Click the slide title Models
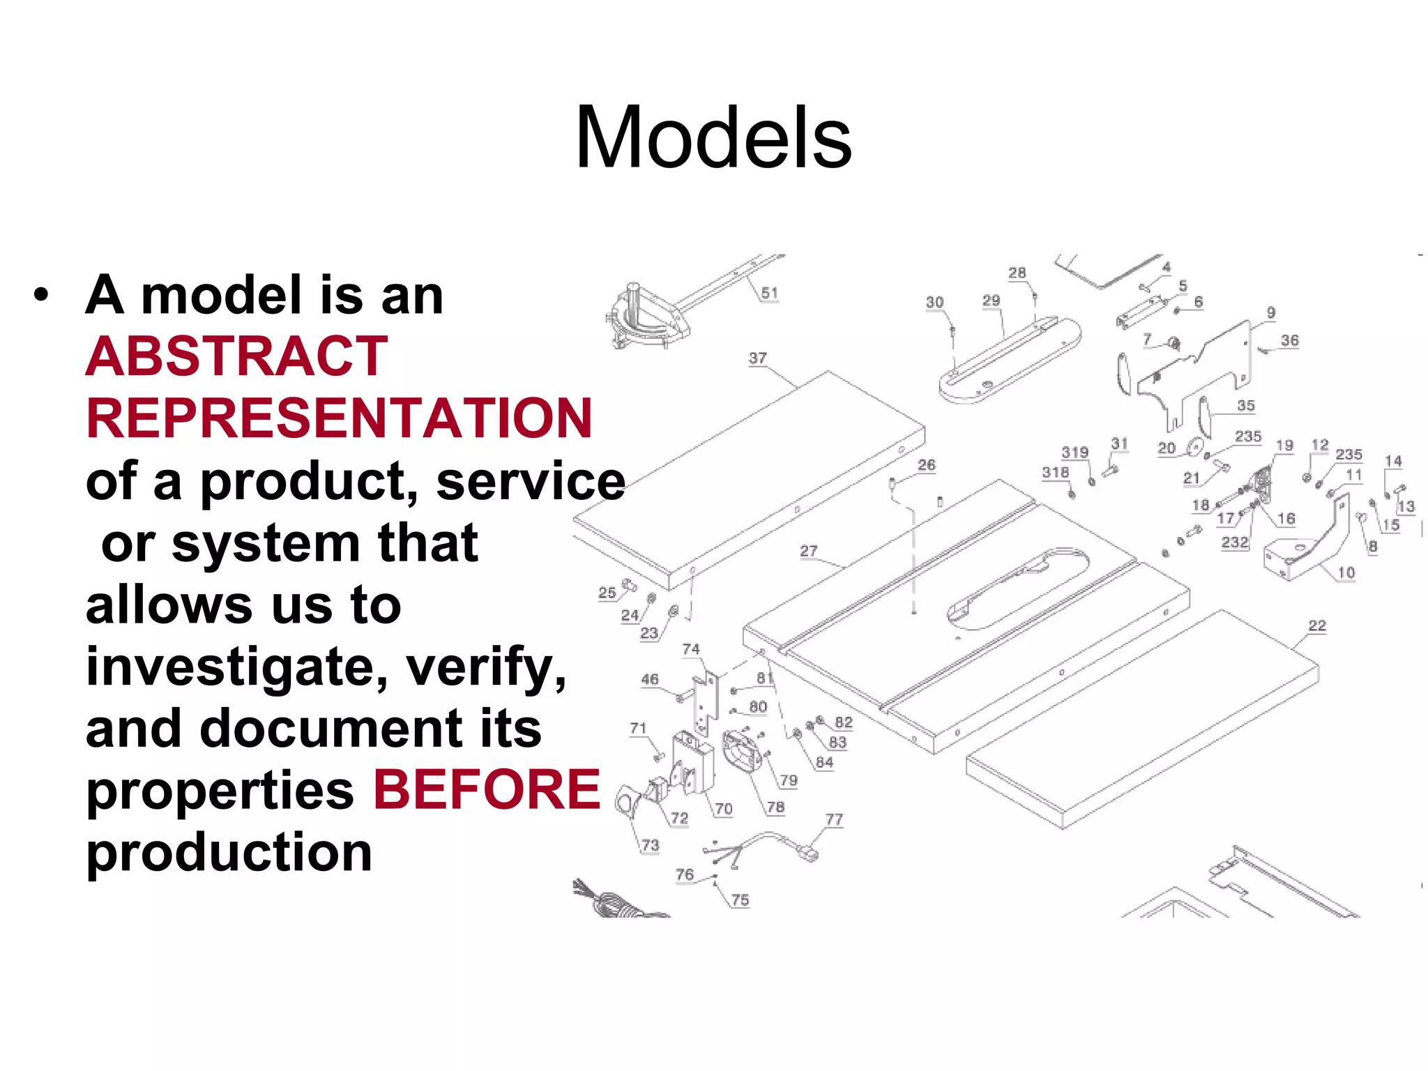click(713, 137)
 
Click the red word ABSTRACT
click(236, 356)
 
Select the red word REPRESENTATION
click(339, 418)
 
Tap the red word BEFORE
click(487, 789)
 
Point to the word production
click(229, 852)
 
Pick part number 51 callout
click(769, 294)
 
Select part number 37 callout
click(758, 358)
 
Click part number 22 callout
click(1317, 625)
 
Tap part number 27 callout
click(809, 551)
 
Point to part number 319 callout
click(1074, 453)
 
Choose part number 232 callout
click(1234, 542)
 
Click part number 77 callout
click(834, 819)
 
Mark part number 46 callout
click(650, 679)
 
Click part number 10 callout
click(1346, 572)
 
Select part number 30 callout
click(934, 303)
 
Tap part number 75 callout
click(740, 900)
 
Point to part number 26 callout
click(926, 465)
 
